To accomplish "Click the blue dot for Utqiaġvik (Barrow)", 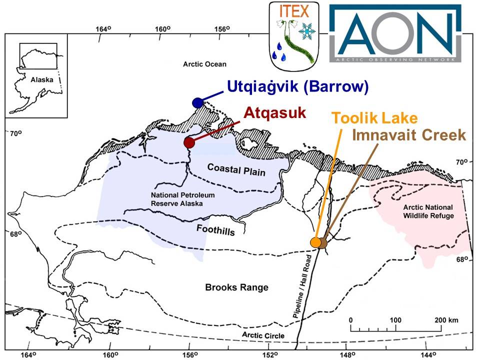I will click(x=197, y=102).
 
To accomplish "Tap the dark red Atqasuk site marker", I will click(x=189, y=142).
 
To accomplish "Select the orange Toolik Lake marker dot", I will click(x=315, y=242).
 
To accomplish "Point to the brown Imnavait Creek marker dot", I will click(x=323, y=243).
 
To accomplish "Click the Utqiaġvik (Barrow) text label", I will click(x=298, y=86).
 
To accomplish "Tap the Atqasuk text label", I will click(x=274, y=112).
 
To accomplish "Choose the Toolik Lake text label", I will click(x=374, y=119).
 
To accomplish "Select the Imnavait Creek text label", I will click(x=409, y=135).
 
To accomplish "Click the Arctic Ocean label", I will click(x=204, y=64).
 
